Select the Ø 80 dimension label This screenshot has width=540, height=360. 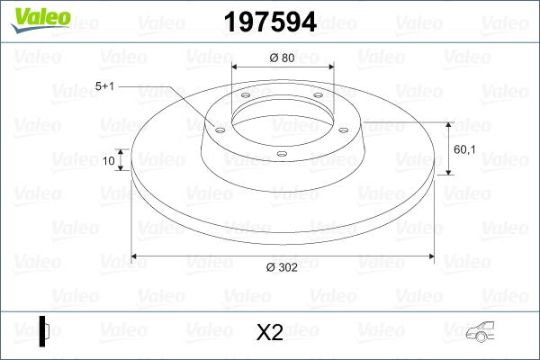tap(283, 58)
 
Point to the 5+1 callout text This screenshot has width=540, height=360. tap(106, 86)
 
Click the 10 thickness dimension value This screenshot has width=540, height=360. tap(109, 162)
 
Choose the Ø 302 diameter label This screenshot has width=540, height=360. tap(283, 267)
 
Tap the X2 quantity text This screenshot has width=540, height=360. tap(270, 333)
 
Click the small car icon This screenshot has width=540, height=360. tap(479, 332)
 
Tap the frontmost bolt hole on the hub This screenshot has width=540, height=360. tap(282, 154)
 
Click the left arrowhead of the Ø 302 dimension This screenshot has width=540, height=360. tap(136, 256)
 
